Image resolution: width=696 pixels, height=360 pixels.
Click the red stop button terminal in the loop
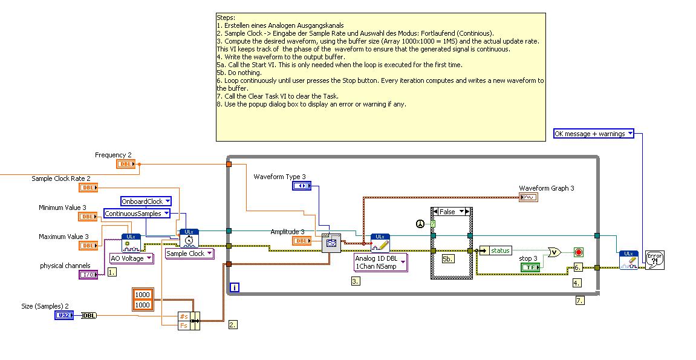click(x=578, y=252)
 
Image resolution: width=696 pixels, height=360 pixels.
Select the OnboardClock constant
click(x=146, y=201)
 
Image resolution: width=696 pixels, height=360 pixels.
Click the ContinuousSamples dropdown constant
click(x=137, y=214)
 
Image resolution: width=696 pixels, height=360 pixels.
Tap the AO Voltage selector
click(x=131, y=258)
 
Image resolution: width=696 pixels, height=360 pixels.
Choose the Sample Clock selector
click(x=189, y=254)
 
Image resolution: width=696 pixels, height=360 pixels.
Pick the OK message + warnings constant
click(x=593, y=134)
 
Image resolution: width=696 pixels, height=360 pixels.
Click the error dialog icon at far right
click(x=654, y=260)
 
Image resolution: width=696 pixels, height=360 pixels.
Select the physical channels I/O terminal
click(x=88, y=275)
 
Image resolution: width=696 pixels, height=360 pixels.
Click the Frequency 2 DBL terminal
click(x=126, y=164)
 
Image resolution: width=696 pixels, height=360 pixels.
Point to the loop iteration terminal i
click(x=234, y=288)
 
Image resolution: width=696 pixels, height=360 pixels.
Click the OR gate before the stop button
click(x=553, y=252)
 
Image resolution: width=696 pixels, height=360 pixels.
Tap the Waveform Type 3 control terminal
click(x=301, y=186)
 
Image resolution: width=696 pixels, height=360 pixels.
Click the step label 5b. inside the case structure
click(x=448, y=259)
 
